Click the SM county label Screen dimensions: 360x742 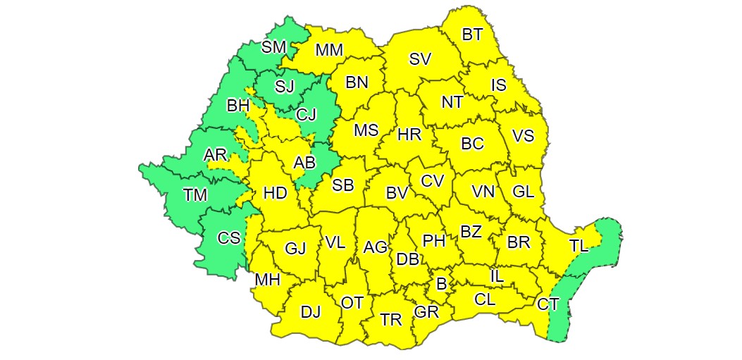pyautogui.click(x=273, y=47)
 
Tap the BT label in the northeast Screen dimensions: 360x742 pyautogui.click(x=472, y=34)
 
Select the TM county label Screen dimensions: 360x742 pyautogui.click(x=195, y=195)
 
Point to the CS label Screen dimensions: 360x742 pyautogui.click(x=228, y=237)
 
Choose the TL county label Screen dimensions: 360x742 pyautogui.click(x=579, y=246)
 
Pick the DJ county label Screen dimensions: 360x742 pyautogui.click(x=310, y=311)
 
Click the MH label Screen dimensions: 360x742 pyautogui.click(x=268, y=280)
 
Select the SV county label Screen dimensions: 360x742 pyautogui.click(x=420, y=59)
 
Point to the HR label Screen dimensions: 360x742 pyautogui.click(x=409, y=135)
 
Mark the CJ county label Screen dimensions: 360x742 pyautogui.click(x=306, y=113)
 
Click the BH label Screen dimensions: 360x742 pyautogui.click(x=238, y=106)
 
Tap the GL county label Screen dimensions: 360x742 pyautogui.click(x=523, y=191)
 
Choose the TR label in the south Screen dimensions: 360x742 pyautogui.click(x=390, y=319)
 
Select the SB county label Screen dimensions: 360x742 pyautogui.click(x=342, y=185)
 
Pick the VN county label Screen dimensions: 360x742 pyautogui.click(x=483, y=191)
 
